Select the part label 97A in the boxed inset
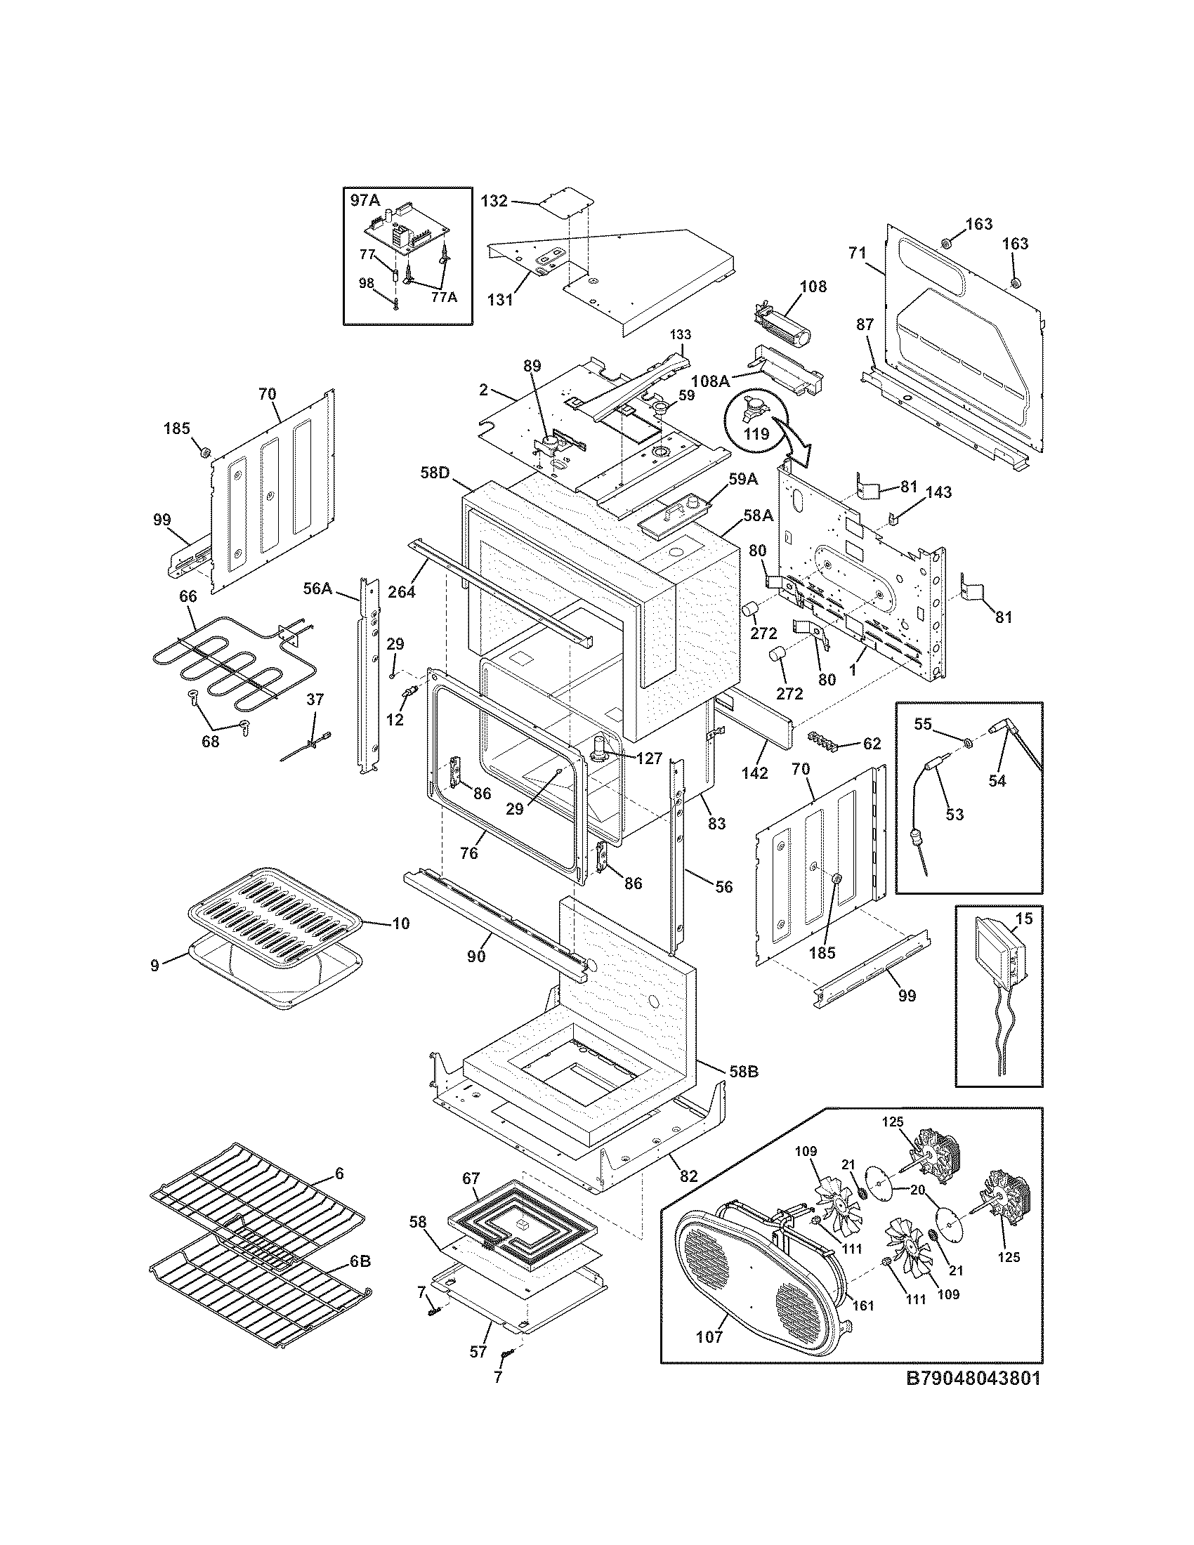pos(366,200)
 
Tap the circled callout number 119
pos(757,433)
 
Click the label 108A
pos(710,381)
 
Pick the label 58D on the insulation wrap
pos(435,473)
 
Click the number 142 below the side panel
pos(755,774)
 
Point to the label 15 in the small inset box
pos(1024,919)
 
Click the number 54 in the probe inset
pos(997,781)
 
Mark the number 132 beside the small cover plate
pos(494,201)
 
